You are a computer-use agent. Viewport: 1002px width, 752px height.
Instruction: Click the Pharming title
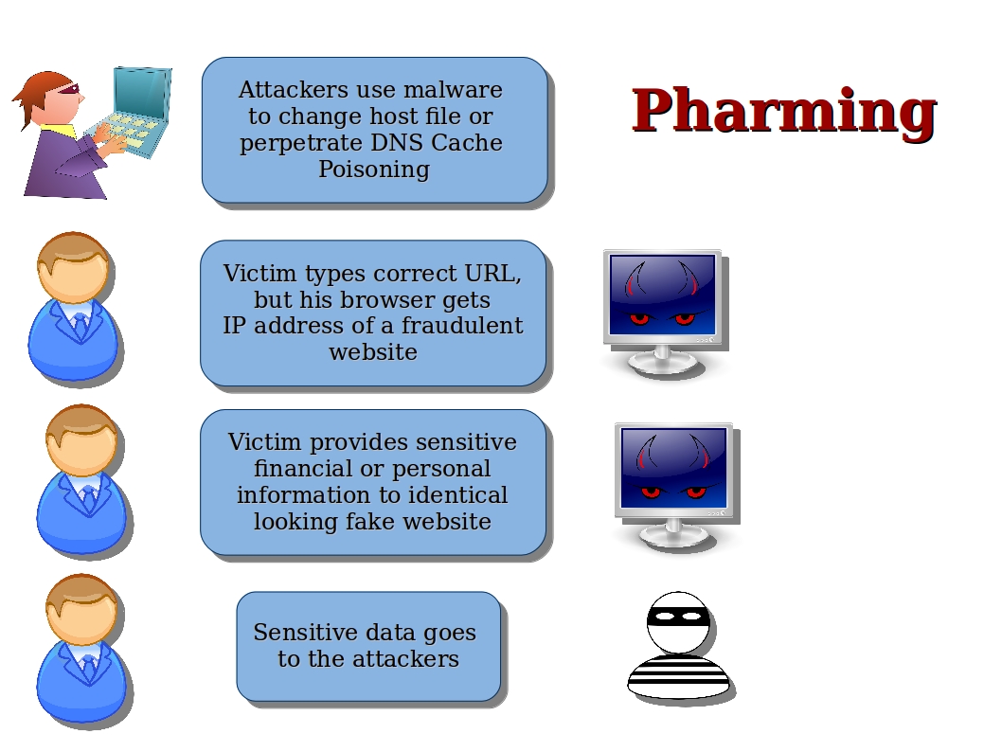[x=783, y=111]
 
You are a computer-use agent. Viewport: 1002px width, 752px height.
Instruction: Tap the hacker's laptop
[x=140, y=106]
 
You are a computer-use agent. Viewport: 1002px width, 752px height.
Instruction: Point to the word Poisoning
[x=373, y=170]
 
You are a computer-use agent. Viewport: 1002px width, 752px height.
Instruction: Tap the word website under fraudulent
[x=373, y=352]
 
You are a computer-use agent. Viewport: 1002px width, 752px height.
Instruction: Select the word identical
[x=458, y=495]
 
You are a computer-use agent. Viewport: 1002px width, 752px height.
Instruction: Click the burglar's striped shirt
[x=678, y=677]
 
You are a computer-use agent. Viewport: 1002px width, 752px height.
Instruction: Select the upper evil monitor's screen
[x=662, y=294]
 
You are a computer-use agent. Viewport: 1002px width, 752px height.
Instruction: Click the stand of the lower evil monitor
[x=673, y=532]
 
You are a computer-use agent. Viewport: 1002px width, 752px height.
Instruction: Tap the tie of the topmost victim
[x=80, y=327]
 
